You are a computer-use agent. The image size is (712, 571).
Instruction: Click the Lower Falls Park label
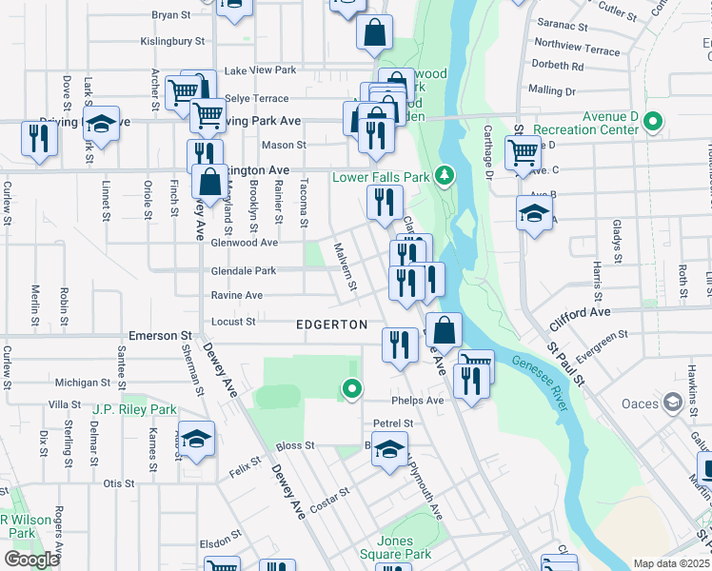(380, 177)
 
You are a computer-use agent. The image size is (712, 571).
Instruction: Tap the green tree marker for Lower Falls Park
(444, 175)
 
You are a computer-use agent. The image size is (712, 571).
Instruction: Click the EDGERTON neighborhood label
(331, 325)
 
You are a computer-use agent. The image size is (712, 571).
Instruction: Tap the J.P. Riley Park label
(135, 409)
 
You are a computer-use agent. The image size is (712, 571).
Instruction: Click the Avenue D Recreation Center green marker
(652, 122)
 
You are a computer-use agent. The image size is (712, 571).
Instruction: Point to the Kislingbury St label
(173, 41)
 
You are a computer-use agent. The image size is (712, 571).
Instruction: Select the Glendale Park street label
(243, 271)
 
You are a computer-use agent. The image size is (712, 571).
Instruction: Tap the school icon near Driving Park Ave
(100, 124)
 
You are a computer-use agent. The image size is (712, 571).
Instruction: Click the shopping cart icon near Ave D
(522, 151)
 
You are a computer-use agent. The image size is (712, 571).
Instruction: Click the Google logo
(32, 561)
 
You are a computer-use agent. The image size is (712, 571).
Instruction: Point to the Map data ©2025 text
(672, 563)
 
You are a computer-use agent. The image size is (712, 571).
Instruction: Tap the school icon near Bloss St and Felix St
(195, 439)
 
